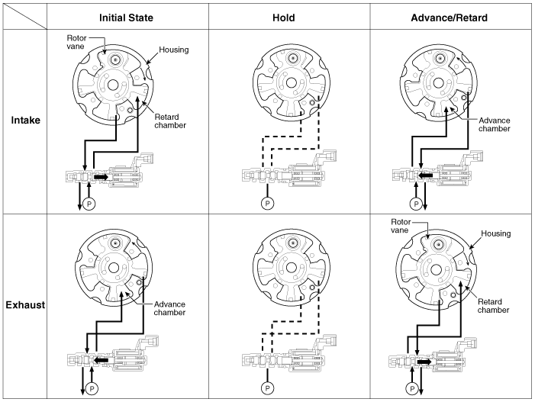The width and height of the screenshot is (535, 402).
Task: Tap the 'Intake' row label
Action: pyautogui.click(x=26, y=120)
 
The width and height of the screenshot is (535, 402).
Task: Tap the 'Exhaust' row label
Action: pyautogui.click(x=25, y=305)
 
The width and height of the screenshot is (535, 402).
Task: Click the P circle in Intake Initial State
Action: pyautogui.click(x=89, y=204)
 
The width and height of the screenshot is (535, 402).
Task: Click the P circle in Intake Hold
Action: pyautogui.click(x=267, y=204)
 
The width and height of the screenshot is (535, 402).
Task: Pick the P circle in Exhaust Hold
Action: pyautogui.click(x=267, y=388)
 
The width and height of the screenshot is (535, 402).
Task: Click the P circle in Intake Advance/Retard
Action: pyautogui.click(x=415, y=204)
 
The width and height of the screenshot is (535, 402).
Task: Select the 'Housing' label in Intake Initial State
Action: pyautogui.click(x=173, y=50)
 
